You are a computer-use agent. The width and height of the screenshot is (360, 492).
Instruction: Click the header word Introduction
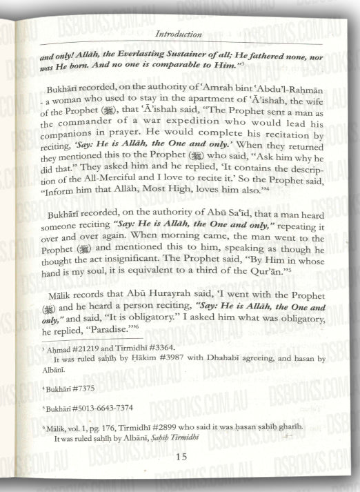click(178, 32)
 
